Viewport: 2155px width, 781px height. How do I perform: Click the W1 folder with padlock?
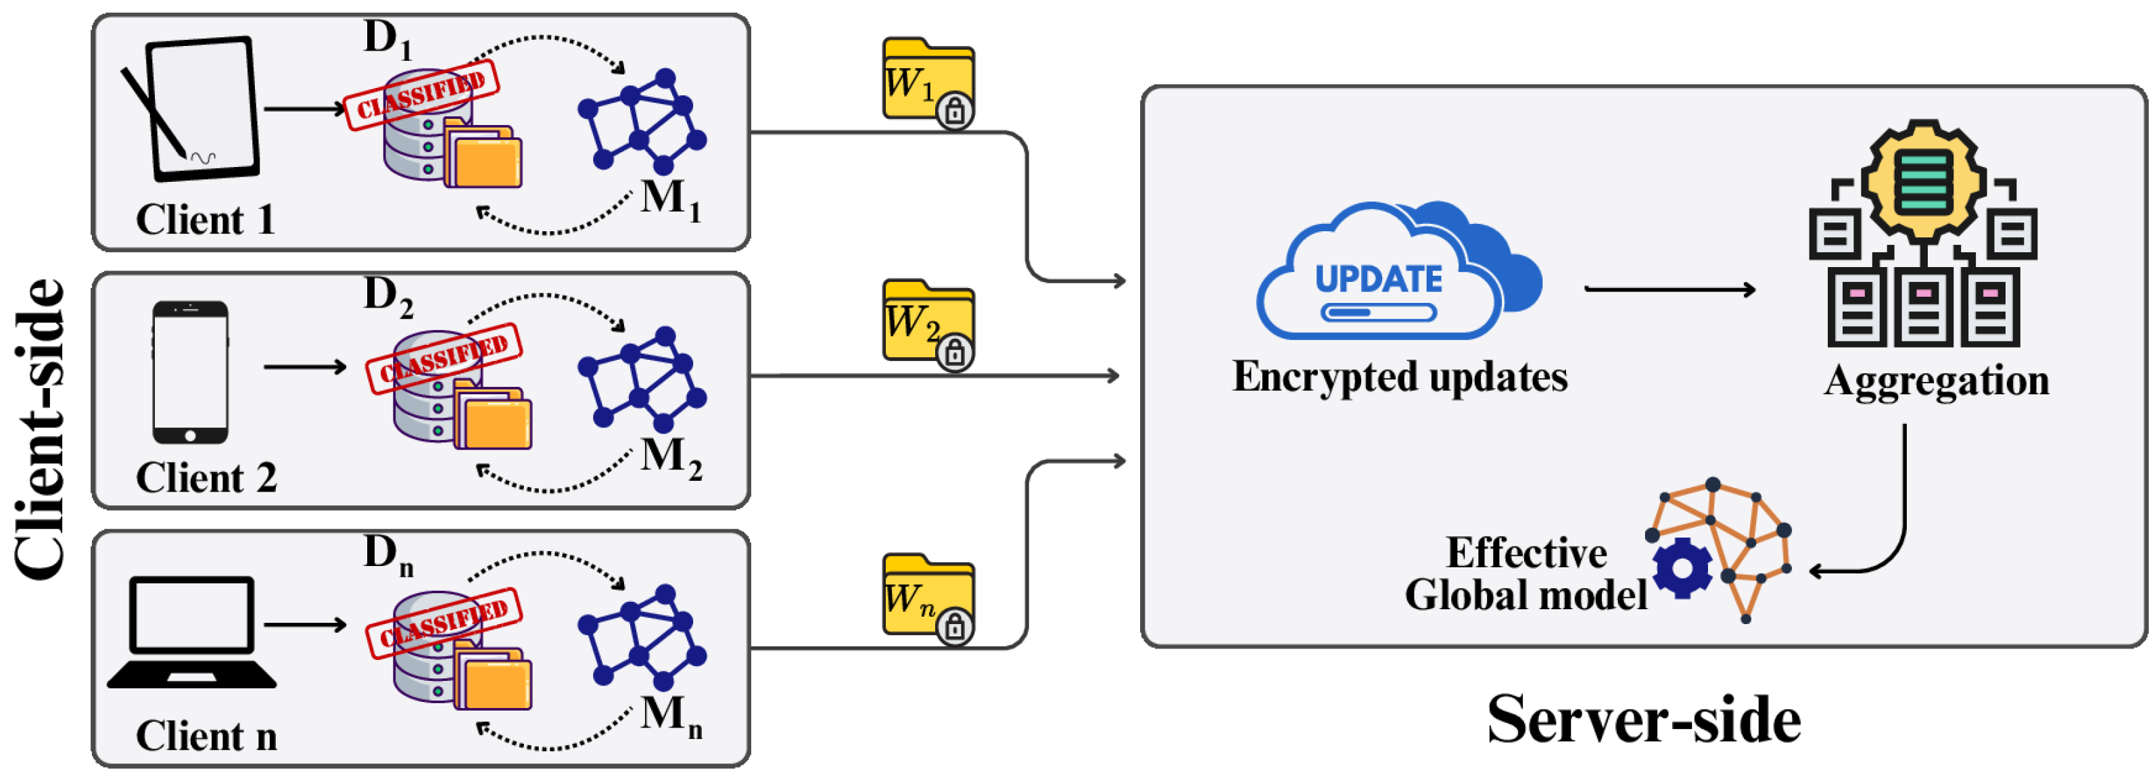(928, 82)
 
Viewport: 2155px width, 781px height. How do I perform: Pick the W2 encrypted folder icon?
(928, 323)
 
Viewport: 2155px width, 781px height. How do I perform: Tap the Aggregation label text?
(1936, 381)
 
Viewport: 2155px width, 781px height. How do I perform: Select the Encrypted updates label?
(1400, 376)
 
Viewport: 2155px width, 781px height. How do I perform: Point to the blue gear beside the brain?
(1682, 569)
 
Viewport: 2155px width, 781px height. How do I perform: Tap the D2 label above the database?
(387, 296)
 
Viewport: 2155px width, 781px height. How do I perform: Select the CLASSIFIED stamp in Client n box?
(444, 622)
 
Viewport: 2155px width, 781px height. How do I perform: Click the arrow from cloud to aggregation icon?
(1669, 289)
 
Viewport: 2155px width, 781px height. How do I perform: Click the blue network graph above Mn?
(642, 636)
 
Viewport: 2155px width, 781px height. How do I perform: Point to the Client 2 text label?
(206, 478)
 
